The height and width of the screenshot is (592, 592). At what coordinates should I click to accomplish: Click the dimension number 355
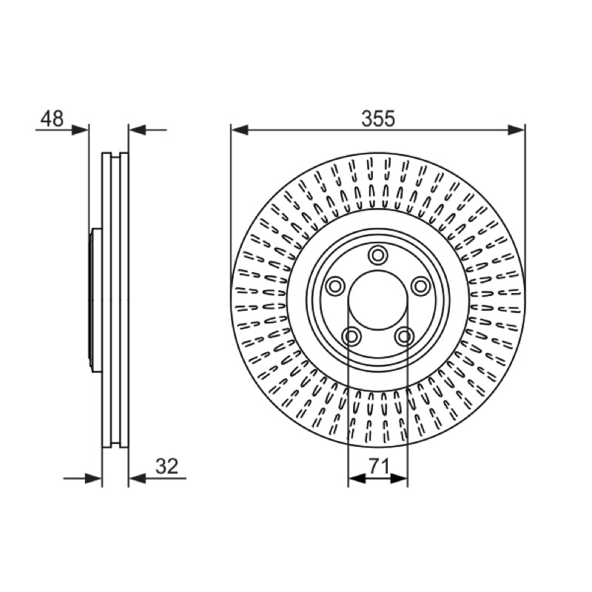[x=378, y=118]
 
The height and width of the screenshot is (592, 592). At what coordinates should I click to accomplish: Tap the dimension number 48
[x=52, y=118]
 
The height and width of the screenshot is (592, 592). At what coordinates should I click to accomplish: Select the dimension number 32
[x=167, y=466]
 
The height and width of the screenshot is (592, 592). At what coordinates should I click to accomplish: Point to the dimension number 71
[x=379, y=466]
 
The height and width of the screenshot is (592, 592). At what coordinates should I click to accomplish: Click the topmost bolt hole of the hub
[x=377, y=255]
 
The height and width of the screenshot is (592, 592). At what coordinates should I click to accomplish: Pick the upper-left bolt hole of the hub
[x=335, y=286]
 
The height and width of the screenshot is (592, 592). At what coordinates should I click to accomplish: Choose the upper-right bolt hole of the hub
[x=420, y=286]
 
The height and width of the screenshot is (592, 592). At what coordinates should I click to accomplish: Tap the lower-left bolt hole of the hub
[x=351, y=336]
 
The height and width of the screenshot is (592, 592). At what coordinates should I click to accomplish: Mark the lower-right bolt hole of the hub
[x=404, y=336]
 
